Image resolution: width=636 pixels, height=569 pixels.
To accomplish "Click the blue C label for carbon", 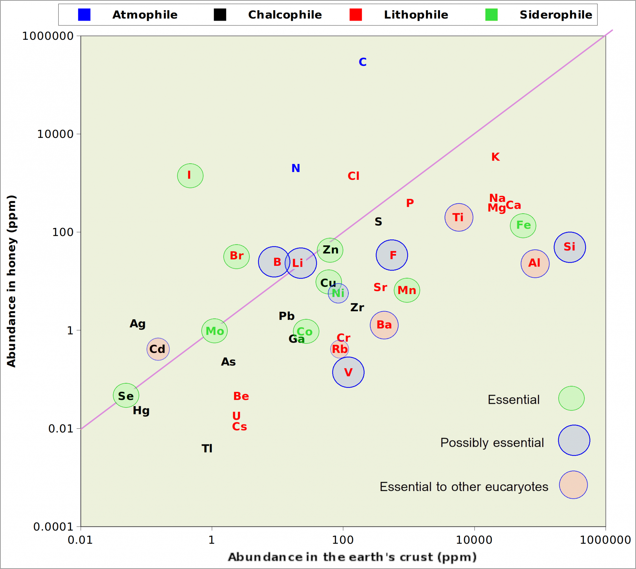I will click(x=362, y=62).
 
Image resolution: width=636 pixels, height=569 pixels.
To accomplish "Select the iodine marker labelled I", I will click(x=190, y=176).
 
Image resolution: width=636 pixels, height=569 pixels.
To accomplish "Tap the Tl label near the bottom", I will click(x=207, y=448).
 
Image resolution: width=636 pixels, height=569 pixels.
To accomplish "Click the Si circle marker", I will click(x=570, y=247).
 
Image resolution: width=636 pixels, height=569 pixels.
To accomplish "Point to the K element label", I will click(x=495, y=157).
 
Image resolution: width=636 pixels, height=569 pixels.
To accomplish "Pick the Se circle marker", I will click(x=126, y=395).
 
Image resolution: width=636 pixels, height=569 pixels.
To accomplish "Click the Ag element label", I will click(x=138, y=324).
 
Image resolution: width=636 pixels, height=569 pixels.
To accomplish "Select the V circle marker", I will click(x=348, y=372).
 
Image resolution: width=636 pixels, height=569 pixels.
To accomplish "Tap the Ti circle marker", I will click(x=459, y=217).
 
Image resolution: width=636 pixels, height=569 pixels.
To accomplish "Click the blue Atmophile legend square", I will click(x=84, y=15).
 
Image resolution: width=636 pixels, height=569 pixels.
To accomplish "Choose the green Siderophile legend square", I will click(x=491, y=15).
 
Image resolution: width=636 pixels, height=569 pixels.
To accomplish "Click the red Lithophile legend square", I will click(x=356, y=15).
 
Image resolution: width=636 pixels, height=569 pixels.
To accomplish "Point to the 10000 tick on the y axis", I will click(x=55, y=134).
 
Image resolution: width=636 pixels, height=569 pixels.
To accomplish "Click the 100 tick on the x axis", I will click(x=343, y=540).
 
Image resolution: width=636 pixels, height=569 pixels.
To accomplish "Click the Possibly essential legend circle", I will click(x=574, y=440).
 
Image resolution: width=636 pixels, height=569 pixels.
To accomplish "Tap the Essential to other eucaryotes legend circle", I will click(x=574, y=485).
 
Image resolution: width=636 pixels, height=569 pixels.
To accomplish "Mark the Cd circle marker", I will click(x=158, y=349).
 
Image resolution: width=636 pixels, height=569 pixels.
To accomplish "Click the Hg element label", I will click(x=141, y=411).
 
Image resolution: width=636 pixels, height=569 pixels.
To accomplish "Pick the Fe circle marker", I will click(x=523, y=226).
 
